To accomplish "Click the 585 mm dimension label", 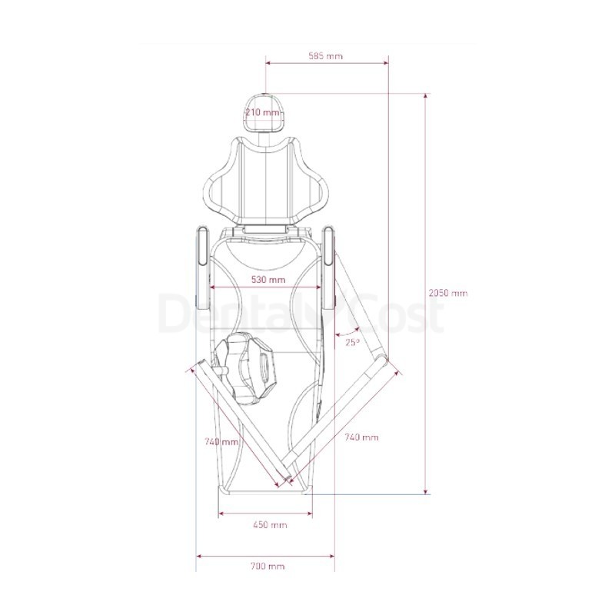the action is click(x=325, y=56).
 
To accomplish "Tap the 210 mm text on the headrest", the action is click(x=263, y=113).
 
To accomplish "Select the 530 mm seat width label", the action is click(x=268, y=280).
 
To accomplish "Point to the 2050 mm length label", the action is click(x=448, y=293).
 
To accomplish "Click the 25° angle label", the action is click(x=352, y=342).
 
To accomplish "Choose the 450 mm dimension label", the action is click(x=271, y=525).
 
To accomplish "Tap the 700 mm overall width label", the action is click(x=268, y=566).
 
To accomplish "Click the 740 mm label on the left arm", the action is click(x=221, y=441).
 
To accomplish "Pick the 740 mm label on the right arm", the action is click(x=361, y=437).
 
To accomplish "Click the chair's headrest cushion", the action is click(x=264, y=113).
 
